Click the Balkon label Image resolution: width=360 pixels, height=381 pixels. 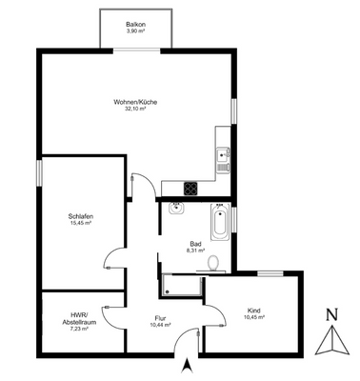coord(135,24)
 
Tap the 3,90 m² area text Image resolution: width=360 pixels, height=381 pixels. coord(135,31)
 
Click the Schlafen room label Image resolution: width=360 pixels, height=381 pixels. coord(80,215)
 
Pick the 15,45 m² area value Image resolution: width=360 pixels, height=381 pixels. coord(80,223)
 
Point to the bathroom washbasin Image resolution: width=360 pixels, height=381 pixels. coord(176,211)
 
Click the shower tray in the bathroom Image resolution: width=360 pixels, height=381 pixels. coord(181,283)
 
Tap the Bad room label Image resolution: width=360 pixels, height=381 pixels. coord(196,244)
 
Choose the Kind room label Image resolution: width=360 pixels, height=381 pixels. coord(253,311)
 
